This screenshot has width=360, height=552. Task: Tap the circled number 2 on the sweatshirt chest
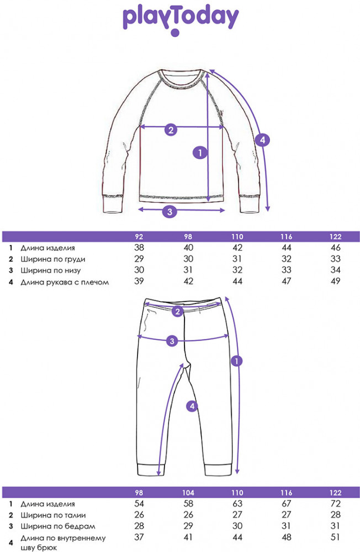pyautogui.click(x=171, y=130)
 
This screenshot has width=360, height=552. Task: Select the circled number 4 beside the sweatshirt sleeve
pyautogui.click(x=262, y=140)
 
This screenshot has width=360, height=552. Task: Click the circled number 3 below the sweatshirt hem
pyautogui.click(x=170, y=211)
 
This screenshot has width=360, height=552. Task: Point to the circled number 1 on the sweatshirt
pyautogui.click(x=200, y=152)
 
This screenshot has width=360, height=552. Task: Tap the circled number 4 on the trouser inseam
pyautogui.click(x=192, y=406)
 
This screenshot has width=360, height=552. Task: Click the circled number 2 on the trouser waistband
pyautogui.click(x=178, y=311)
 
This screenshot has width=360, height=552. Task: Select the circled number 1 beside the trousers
pyautogui.click(x=236, y=361)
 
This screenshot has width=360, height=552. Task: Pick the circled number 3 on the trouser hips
pyautogui.click(x=172, y=341)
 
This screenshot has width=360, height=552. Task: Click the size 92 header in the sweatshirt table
pyautogui.click(x=139, y=237)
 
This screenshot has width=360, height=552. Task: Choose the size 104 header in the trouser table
pyautogui.click(x=188, y=492)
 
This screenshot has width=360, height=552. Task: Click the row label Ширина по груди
pyautogui.click(x=53, y=259)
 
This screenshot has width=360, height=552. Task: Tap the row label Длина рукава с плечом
pyautogui.click(x=65, y=282)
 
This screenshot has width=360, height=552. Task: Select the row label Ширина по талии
pyautogui.click(x=53, y=515)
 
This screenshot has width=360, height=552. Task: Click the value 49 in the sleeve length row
pyautogui.click(x=335, y=281)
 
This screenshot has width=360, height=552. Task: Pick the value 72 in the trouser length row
pyautogui.click(x=335, y=503)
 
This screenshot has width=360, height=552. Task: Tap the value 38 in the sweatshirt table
pyautogui.click(x=139, y=247)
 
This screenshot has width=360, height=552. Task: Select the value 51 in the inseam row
pyautogui.click(x=335, y=537)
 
